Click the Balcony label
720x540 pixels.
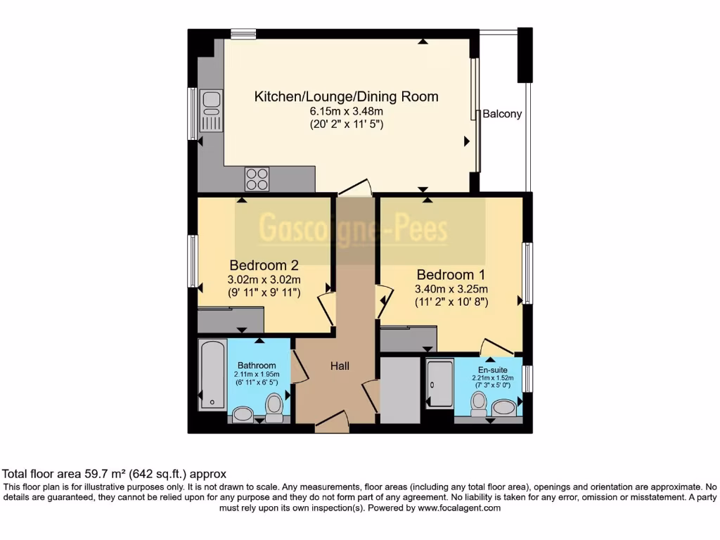pyautogui.click(x=502, y=114)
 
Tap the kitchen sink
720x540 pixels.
pyautogui.click(x=210, y=110)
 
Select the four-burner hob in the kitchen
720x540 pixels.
pyautogui.click(x=257, y=179)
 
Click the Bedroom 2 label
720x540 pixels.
pyautogui.click(x=264, y=265)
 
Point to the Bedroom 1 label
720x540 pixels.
pyautogui.click(x=451, y=274)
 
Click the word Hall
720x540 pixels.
pyautogui.click(x=340, y=366)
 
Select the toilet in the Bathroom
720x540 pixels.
pyautogui.click(x=274, y=406)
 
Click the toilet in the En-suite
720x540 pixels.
pyautogui.click(x=479, y=404)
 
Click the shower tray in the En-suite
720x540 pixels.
pyautogui.click(x=440, y=384)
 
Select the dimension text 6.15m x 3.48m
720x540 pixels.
pyautogui.click(x=346, y=112)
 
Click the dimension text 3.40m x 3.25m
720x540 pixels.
pyautogui.click(x=451, y=289)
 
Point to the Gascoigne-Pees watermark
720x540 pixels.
pyautogui.click(x=354, y=229)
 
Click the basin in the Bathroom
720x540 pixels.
pyautogui.click(x=243, y=414)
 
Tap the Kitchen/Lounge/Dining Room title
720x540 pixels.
pyautogui.click(x=346, y=96)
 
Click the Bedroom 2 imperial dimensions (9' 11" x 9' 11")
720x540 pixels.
pyautogui.click(x=264, y=292)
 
